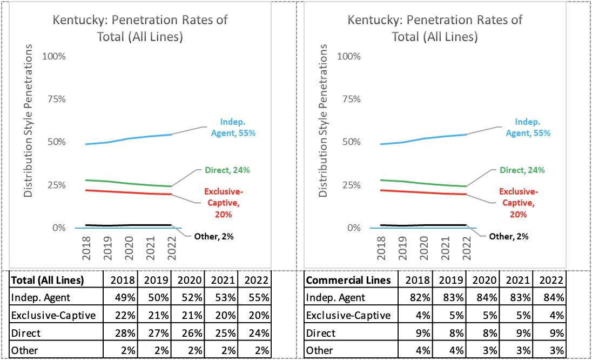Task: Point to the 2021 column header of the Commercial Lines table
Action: tap(521, 281)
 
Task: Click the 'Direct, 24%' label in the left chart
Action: tap(227, 170)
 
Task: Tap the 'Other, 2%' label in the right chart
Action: tap(508, 236)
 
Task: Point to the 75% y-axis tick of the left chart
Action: tap(56, 99)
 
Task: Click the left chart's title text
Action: tap(139, 29)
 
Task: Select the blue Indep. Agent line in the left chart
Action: tap(130, 139)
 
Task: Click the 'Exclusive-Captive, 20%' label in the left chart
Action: tap(222, 203)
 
